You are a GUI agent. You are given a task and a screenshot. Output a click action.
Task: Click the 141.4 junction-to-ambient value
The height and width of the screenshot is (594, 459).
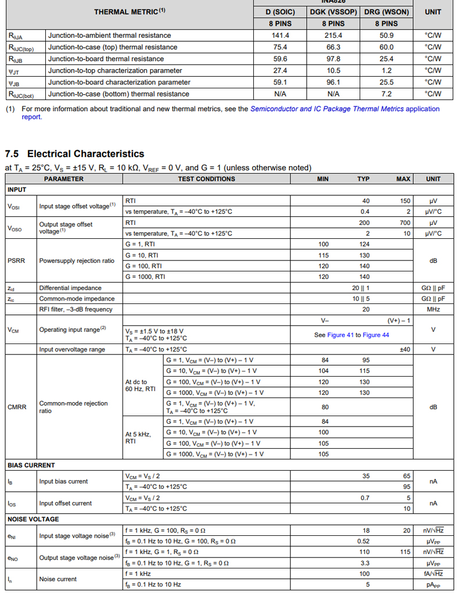(280, 35)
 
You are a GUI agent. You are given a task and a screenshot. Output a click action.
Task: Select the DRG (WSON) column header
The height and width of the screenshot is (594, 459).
(386, 12)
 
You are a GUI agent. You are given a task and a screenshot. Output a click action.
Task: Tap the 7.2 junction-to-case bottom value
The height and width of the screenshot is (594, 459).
(386, 94)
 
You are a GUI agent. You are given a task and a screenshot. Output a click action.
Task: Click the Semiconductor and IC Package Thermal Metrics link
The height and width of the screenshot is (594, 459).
(327, 109)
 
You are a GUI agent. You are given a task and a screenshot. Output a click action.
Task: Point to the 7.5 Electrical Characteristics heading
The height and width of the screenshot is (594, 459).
(74, 154)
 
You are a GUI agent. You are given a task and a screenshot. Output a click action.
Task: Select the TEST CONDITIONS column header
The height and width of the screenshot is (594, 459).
(206, 179)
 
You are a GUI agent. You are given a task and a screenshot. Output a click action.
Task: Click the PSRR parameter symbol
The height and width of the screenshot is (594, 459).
(16, 260)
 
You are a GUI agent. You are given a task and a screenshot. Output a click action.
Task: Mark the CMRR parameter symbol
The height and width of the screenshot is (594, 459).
(17, 407)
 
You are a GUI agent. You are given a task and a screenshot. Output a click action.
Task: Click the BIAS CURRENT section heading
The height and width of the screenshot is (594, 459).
(31, 465)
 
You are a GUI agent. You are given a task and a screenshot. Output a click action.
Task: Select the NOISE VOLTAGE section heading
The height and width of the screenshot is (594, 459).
(33, 519)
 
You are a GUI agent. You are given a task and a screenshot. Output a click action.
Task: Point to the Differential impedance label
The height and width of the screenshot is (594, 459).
(70, 288)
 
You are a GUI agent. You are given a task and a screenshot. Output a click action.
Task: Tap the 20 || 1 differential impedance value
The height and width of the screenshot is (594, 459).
(361, 288)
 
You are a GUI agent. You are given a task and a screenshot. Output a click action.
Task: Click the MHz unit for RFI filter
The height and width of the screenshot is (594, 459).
(433, 309)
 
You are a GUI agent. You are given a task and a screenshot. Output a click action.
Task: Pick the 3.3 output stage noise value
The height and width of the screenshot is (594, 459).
(364, 563)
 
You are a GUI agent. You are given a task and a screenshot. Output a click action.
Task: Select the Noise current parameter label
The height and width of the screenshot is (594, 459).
(58, 579)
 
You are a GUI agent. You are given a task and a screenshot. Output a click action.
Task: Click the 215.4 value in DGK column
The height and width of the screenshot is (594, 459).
(333, 35)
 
